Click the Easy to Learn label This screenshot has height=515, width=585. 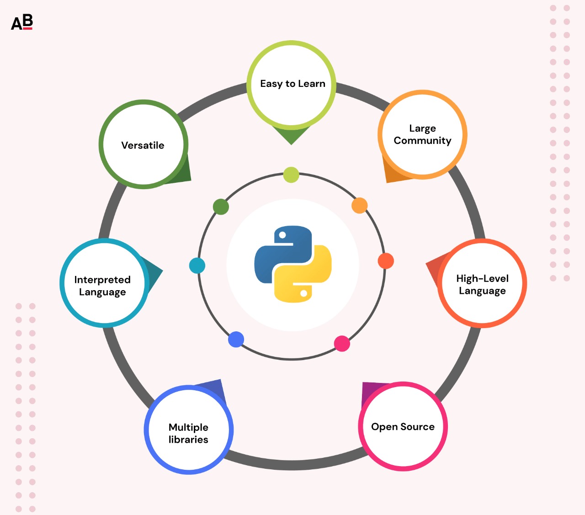292,84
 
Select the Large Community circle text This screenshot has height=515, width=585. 422,134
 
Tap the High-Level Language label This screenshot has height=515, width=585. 482,284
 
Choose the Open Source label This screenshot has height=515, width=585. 403,427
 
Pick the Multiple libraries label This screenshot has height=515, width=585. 188,433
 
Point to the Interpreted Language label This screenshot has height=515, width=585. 102,286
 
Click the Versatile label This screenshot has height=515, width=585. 143,145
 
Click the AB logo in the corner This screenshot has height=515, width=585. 22,22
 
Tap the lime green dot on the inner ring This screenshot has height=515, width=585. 291,175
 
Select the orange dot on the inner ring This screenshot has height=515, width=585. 359,206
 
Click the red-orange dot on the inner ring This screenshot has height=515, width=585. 386,261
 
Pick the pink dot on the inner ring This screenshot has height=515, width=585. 342,344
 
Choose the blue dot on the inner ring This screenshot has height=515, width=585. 236,340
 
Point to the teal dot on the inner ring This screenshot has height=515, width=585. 197,265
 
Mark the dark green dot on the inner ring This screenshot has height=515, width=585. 221,207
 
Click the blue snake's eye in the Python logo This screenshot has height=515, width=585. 282,235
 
